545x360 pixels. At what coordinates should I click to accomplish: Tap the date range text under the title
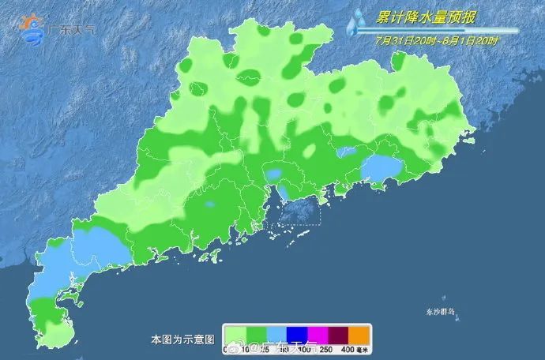(438, 40)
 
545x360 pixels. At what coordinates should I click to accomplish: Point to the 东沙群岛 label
(438, 312)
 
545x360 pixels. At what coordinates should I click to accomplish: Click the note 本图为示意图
(182, 339)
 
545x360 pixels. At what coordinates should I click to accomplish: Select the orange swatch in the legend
(359, 335)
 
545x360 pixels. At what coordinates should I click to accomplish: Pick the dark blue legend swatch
(298, 335)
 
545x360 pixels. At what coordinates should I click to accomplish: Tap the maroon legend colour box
(338, 335)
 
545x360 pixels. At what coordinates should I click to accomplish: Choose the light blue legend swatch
(277, 335)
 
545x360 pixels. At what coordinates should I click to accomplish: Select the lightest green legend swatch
(236, 335)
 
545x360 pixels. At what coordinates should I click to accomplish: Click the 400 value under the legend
(348, 349)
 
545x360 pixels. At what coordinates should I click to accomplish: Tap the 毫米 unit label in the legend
(363, 349)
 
